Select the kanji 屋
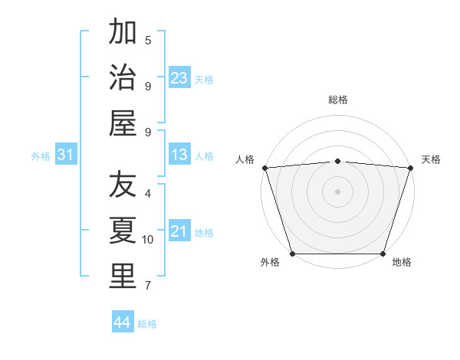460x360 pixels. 123,123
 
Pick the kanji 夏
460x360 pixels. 123,231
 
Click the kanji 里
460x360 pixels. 123,277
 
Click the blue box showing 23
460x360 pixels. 179,78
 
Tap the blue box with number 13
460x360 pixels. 179,155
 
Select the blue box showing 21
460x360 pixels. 179,231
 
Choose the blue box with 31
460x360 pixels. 65,155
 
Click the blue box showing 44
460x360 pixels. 122,322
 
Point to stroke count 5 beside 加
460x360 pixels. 148,40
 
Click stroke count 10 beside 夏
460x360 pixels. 148,240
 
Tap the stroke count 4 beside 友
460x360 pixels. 148,193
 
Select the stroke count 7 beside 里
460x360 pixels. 148,286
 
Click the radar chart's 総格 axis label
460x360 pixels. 337,100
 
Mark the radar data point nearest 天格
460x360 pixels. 410,168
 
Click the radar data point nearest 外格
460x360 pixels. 293,254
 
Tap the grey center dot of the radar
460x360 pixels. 337,191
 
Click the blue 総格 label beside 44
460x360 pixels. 147,324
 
